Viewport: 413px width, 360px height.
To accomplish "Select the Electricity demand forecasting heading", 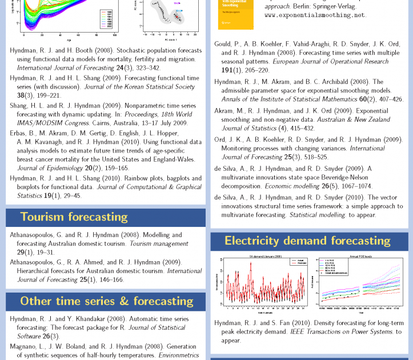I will pyautogui.click(x=307, y=241).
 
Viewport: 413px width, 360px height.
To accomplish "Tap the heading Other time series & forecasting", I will pyautogui.click(x=107, y=301).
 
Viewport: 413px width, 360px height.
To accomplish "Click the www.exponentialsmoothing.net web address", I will pyautogui.click(x=315, y=15).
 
